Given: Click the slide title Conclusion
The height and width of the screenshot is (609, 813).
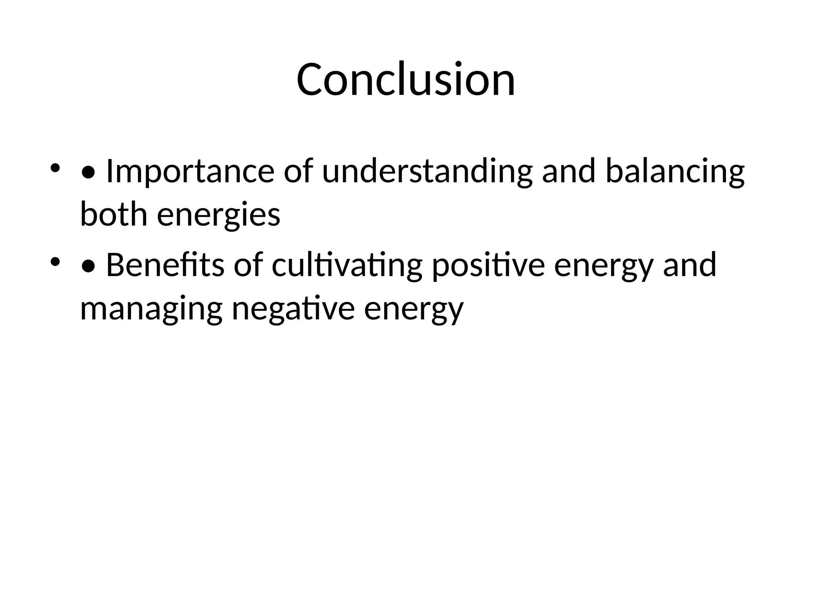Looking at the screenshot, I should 406,79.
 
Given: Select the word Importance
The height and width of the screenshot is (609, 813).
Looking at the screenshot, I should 190,171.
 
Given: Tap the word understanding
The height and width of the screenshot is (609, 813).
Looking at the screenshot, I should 427,171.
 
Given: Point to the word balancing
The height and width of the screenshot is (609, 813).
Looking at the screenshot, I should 675,171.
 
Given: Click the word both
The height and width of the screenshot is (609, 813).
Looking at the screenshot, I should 114,214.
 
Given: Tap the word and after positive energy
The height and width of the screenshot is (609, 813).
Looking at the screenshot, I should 690,265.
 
